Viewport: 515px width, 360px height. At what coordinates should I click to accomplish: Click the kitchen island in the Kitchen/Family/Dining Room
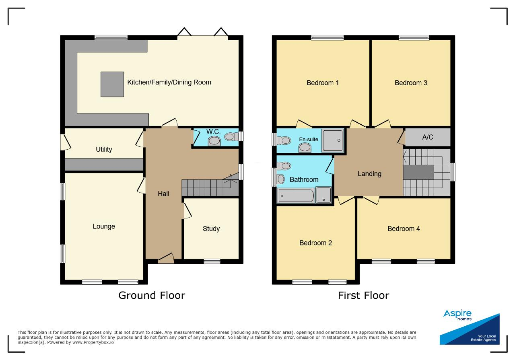[112, 84]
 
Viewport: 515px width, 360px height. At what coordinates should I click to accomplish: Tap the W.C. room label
[213, 132]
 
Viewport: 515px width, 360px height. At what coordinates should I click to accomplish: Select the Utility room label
[104, 149]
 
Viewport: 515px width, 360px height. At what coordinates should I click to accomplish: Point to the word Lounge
[104, 226]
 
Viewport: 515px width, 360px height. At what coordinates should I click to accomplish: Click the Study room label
[211, 229]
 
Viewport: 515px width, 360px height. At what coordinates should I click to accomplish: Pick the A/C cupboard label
[428, 137]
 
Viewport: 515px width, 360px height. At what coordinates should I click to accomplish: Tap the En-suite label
[309, 140]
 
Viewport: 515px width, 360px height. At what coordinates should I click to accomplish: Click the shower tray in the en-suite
[333, 140]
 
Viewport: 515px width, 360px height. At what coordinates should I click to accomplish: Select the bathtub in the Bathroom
[296, 196]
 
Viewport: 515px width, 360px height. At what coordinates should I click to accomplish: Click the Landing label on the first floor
[369, 174]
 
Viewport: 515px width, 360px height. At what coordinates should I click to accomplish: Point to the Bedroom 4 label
[404, 229]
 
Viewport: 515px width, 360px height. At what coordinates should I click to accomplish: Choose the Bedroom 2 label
[315, 243]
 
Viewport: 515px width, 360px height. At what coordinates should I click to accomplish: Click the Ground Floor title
[152, 296]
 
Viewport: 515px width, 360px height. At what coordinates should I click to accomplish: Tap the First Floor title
[363, 296]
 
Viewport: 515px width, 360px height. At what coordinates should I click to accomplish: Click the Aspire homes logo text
[457, 315]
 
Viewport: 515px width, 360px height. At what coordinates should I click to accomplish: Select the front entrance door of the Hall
[166, 259]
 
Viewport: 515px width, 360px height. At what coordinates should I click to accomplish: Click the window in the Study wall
[212, 261]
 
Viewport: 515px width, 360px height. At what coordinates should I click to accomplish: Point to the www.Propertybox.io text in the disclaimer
[93, 343]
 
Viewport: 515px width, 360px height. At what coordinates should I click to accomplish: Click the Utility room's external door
[65, 142]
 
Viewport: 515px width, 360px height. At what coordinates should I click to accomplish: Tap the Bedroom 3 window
[414, 38]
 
